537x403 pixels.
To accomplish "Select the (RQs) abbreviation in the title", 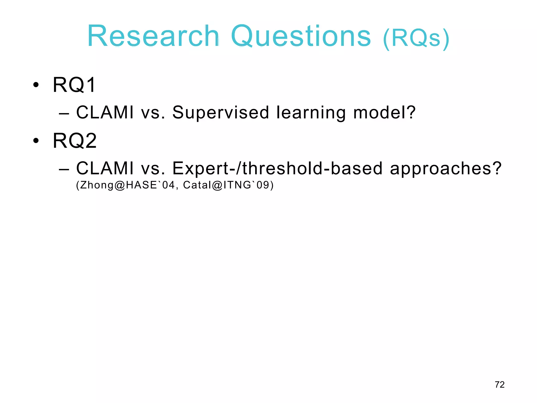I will (416, 38).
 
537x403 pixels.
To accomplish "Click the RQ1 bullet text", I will (74, 85).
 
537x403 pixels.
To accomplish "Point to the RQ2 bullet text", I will (75, 141).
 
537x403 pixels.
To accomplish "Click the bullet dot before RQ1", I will (36, 85).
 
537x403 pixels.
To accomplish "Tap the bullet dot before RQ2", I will (36, 141).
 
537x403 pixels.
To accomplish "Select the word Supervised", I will (221, 113).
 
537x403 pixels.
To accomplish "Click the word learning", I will (311, 113).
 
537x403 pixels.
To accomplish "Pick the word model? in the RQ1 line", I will (384, 113).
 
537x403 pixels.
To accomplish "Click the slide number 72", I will (500, 385).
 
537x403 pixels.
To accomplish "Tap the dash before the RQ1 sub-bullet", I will (64, 114).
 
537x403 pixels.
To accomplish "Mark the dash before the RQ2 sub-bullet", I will (64, 169).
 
